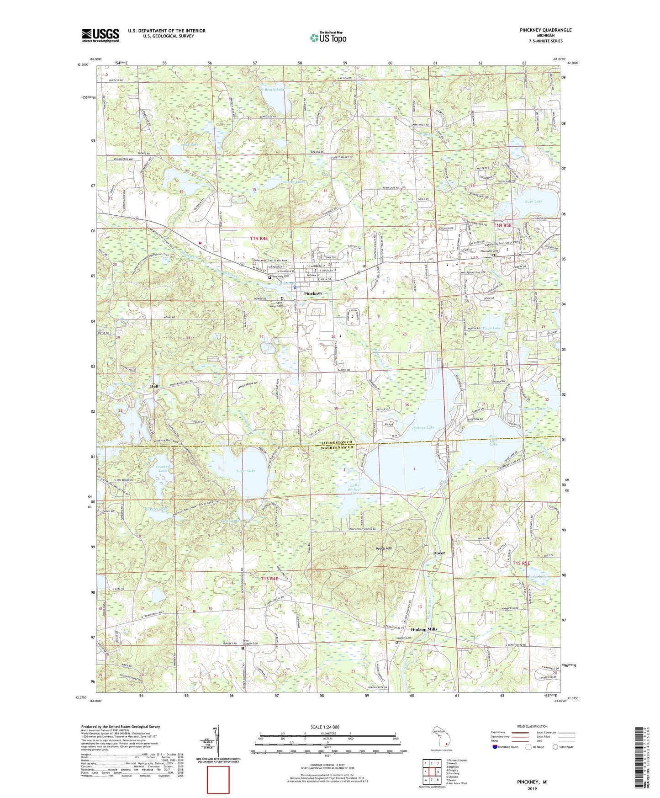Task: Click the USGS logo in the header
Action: point(100,35)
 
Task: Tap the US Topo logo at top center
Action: point(328,37)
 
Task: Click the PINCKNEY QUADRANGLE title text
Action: point(545,30)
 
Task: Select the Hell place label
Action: point(154,386)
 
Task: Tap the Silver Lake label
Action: point(246,470)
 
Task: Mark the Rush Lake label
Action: point(533,202)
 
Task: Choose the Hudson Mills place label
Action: point(424,629)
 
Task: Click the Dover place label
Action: point(439,553)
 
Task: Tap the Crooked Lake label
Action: point(163,468)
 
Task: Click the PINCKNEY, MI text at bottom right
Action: point(532,782)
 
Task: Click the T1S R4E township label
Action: point(269,579)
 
